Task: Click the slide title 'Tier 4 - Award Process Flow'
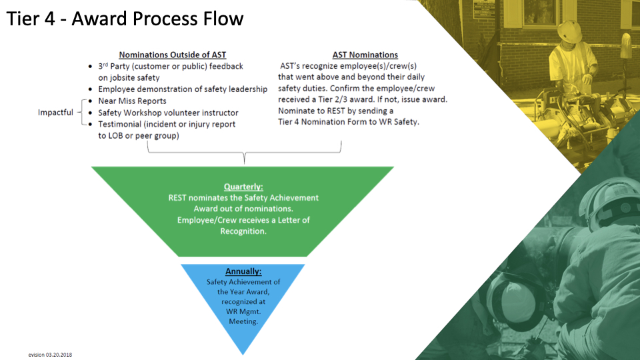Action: pyautogui.click(x=125, y=18)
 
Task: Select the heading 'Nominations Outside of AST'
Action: pyautogui.click(x=177, y=55)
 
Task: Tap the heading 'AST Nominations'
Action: pyautogui.click(x=365, y=55)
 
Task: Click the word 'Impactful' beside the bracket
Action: pyautogui.click(x=55, y=113)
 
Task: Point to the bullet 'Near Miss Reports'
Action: pyautogui.click(x=133, y=101)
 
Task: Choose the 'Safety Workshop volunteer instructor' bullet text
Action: pyautogui.click(x=168, y=113)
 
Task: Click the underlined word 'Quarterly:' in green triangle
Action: pyautogui.click(x=243, y=187)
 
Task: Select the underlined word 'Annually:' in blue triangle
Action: pyautogui.click(x=243, y=271)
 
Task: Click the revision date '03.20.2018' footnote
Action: pyautogui.click(x=59, y=355)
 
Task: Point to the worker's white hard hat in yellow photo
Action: pyautogui.click(x=570, y=30)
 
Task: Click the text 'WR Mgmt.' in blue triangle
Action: pyautogui.click(x=243, y=311)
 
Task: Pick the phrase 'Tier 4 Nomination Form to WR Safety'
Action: pyautogui.click(x=348, y=122)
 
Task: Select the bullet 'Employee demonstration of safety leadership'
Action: pyautogui.click(x=183, y=89)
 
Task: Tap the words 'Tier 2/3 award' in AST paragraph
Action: pyautogui.click(x=352, y=99)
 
